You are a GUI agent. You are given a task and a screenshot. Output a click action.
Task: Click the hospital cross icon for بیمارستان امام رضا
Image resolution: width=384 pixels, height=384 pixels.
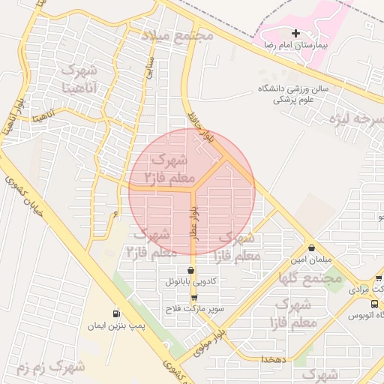tap(296, 34)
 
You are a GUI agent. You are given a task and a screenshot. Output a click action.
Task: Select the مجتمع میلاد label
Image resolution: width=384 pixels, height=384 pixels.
tap(177, 35)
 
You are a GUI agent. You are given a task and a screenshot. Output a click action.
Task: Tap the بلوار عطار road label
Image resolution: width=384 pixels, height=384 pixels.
tap(193, 223)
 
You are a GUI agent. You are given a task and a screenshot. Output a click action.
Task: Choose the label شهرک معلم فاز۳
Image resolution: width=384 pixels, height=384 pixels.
tap(172, 169)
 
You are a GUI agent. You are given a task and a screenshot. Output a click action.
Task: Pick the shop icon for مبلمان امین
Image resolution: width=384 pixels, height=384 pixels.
tap(310, 248)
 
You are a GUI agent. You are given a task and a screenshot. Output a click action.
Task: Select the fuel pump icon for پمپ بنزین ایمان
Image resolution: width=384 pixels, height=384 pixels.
tap(115, 313)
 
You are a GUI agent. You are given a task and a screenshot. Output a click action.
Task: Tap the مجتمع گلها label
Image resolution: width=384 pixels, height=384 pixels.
tap(310, 278)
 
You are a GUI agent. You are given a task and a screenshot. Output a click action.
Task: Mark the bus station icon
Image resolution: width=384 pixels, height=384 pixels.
tap(374, 304)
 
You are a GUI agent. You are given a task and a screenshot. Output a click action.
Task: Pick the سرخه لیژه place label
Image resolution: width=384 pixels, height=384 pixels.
tap(360, 119)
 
